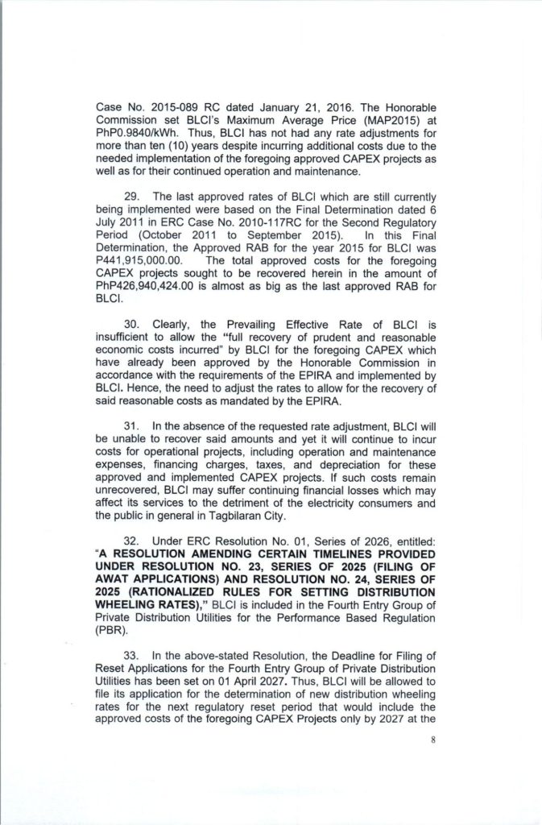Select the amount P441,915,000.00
(140, 260)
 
